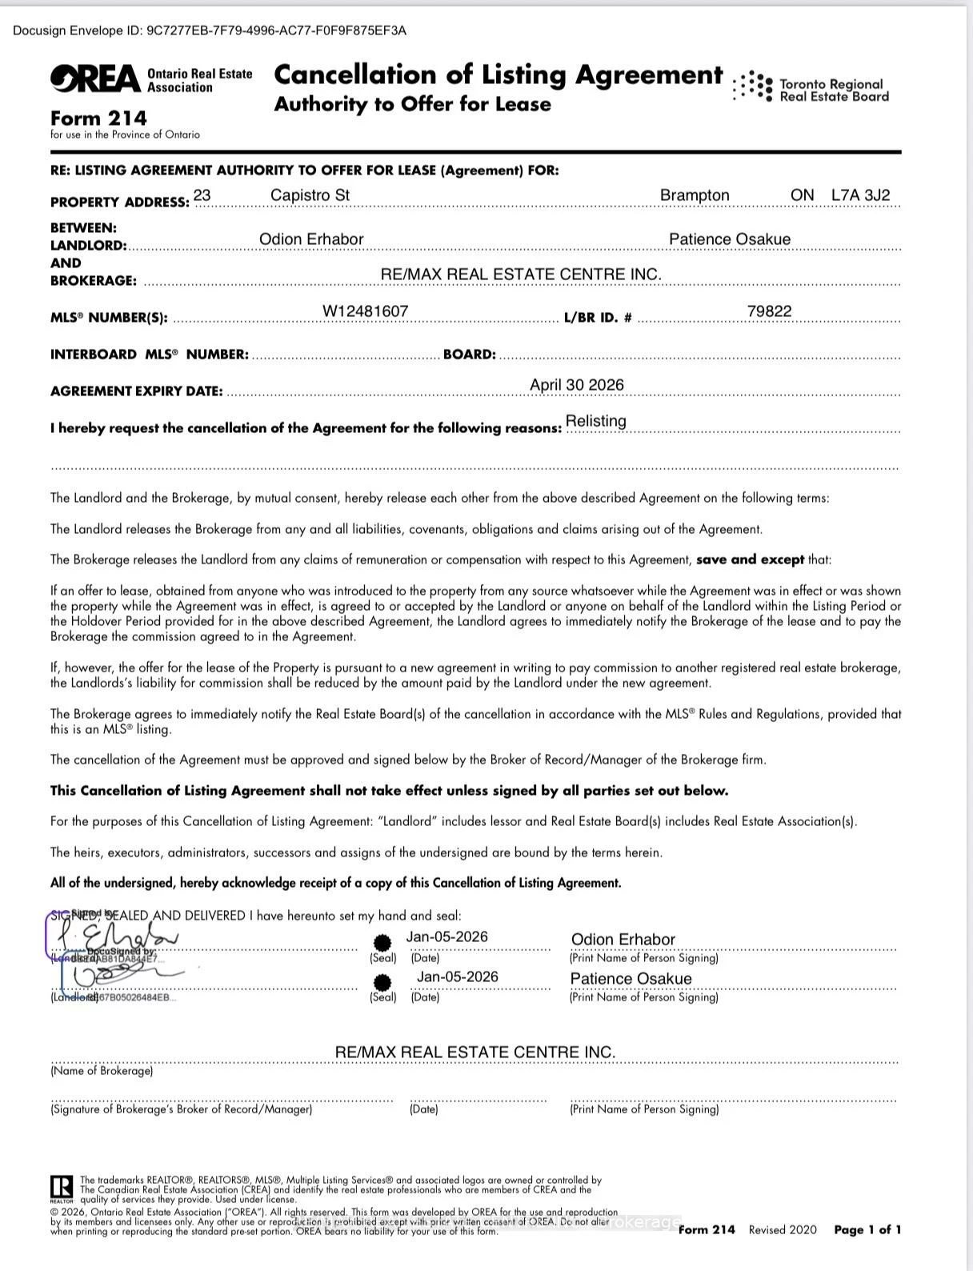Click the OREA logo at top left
95,78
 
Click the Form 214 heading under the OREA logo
98,118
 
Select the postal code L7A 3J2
860,195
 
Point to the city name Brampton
695,195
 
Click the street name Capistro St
310,195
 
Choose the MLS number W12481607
366,311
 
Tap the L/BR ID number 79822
769,311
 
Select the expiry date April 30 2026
576,385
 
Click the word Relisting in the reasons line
596,421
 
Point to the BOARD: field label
470,355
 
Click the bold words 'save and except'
750,559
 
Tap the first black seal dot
383,943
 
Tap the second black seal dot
383,982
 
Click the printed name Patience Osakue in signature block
631,979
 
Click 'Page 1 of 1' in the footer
867,1230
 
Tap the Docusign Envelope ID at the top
210,30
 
